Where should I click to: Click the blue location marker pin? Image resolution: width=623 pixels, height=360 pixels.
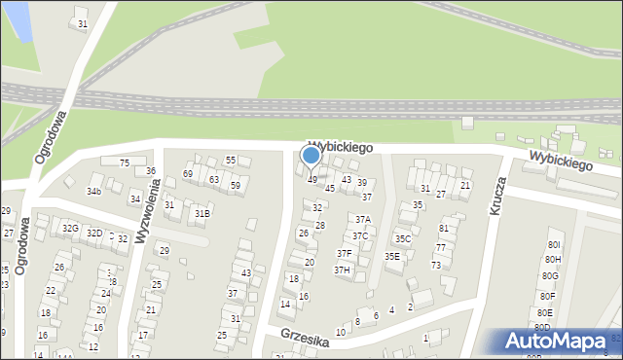(311, 156)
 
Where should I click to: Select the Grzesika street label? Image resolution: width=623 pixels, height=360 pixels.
(302, 335)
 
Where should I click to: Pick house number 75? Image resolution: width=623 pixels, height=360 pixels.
(124, 162)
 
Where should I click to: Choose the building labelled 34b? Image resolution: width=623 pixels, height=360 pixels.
(93, 191)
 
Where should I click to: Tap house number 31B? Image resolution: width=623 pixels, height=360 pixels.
(202, 213)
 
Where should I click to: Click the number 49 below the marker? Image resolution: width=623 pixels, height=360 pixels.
(312, 180)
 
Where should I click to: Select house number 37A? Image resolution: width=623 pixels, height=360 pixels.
(362, 220)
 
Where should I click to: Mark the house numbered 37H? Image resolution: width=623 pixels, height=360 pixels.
(343, 270)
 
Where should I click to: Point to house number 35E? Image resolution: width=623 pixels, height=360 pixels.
(391, 256)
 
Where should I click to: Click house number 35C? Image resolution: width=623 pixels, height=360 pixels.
(402, 238)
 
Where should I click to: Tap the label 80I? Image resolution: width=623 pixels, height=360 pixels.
(554, 245)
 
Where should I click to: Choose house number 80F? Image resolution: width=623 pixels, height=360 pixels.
(548, 296)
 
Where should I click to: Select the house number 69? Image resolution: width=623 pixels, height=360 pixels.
(188, 173)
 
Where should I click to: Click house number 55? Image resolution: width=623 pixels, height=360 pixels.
(231, 161)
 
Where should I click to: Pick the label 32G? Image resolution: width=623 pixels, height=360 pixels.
(70, 229)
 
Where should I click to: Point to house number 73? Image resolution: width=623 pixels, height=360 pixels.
(436, 265)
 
